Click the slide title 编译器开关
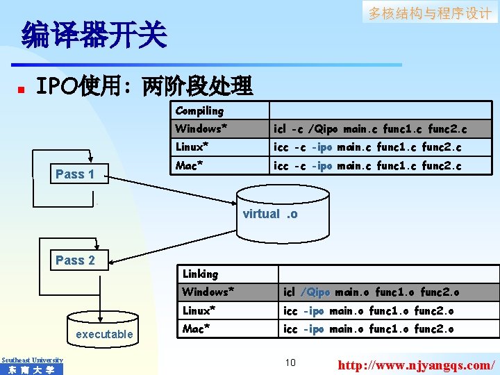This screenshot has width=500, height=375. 94,35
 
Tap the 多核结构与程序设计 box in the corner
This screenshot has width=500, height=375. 430,13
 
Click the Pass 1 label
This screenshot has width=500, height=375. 75,174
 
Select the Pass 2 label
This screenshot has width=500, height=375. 75,260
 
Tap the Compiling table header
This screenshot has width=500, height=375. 200,110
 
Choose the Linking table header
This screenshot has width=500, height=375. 200,274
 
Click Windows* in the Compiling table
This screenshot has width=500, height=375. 201,128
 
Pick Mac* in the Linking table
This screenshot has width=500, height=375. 197,328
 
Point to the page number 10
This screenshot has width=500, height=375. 290,362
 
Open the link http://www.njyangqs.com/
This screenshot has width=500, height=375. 415,364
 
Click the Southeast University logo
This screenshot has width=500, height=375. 32,365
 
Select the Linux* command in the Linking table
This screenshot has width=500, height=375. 368,310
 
